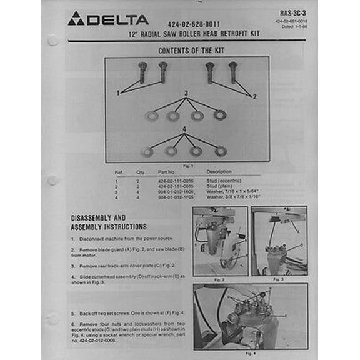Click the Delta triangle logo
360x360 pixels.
point(76,19)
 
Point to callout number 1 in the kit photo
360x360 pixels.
point(117,92)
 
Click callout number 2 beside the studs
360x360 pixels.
point(254,97)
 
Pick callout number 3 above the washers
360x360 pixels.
point(186,93)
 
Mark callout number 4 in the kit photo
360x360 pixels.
point(184,129)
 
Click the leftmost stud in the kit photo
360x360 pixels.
point(142,72)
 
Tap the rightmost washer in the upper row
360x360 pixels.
point(219,115)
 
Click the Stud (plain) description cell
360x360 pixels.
point(220,186)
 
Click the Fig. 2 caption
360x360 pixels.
point(219,279)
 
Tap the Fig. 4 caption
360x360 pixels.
point(250,352)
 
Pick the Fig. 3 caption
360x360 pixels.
point(279,279)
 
